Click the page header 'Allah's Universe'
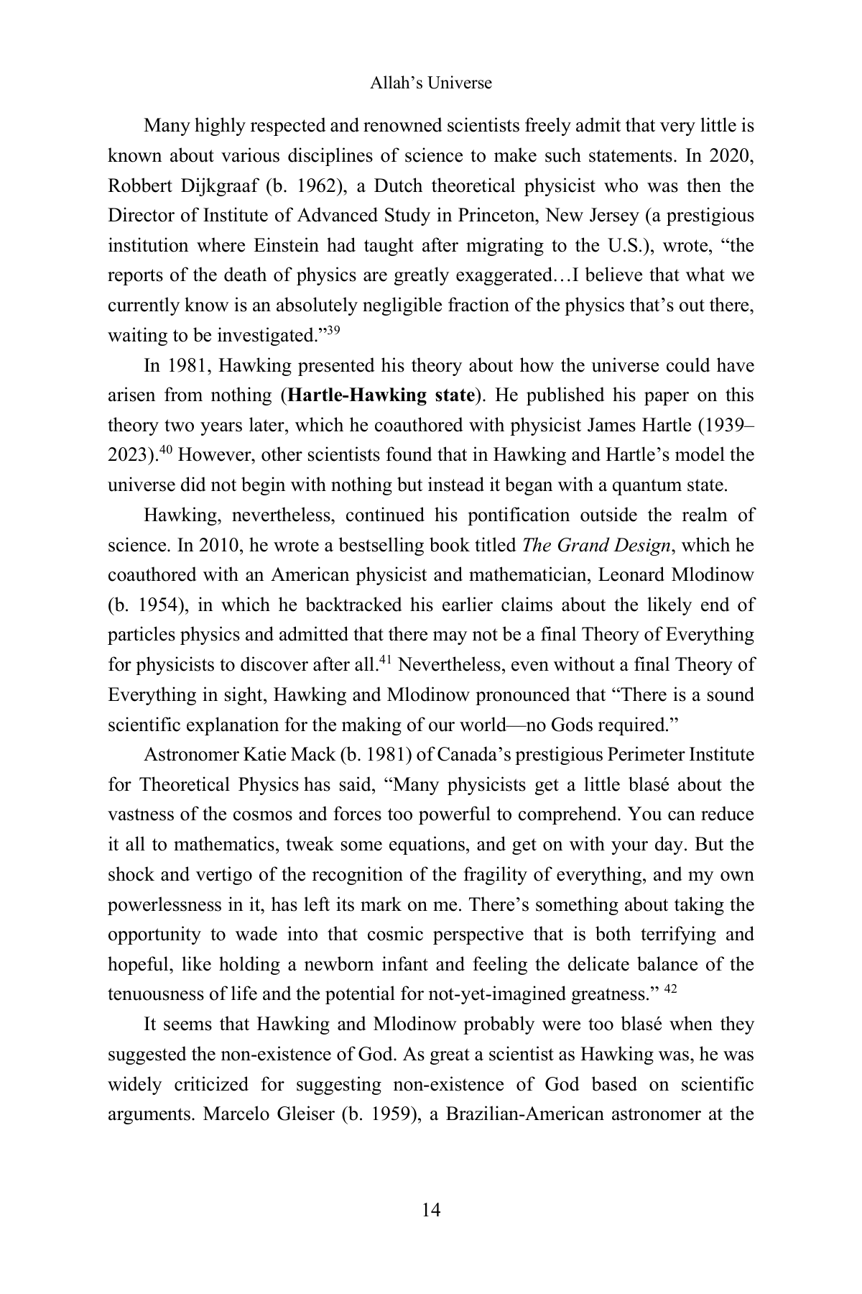click(430, 83)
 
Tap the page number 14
click(431, 1210)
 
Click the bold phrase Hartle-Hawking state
click(381, 395)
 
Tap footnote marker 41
click(384, 661)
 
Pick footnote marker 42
click(669, 990)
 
